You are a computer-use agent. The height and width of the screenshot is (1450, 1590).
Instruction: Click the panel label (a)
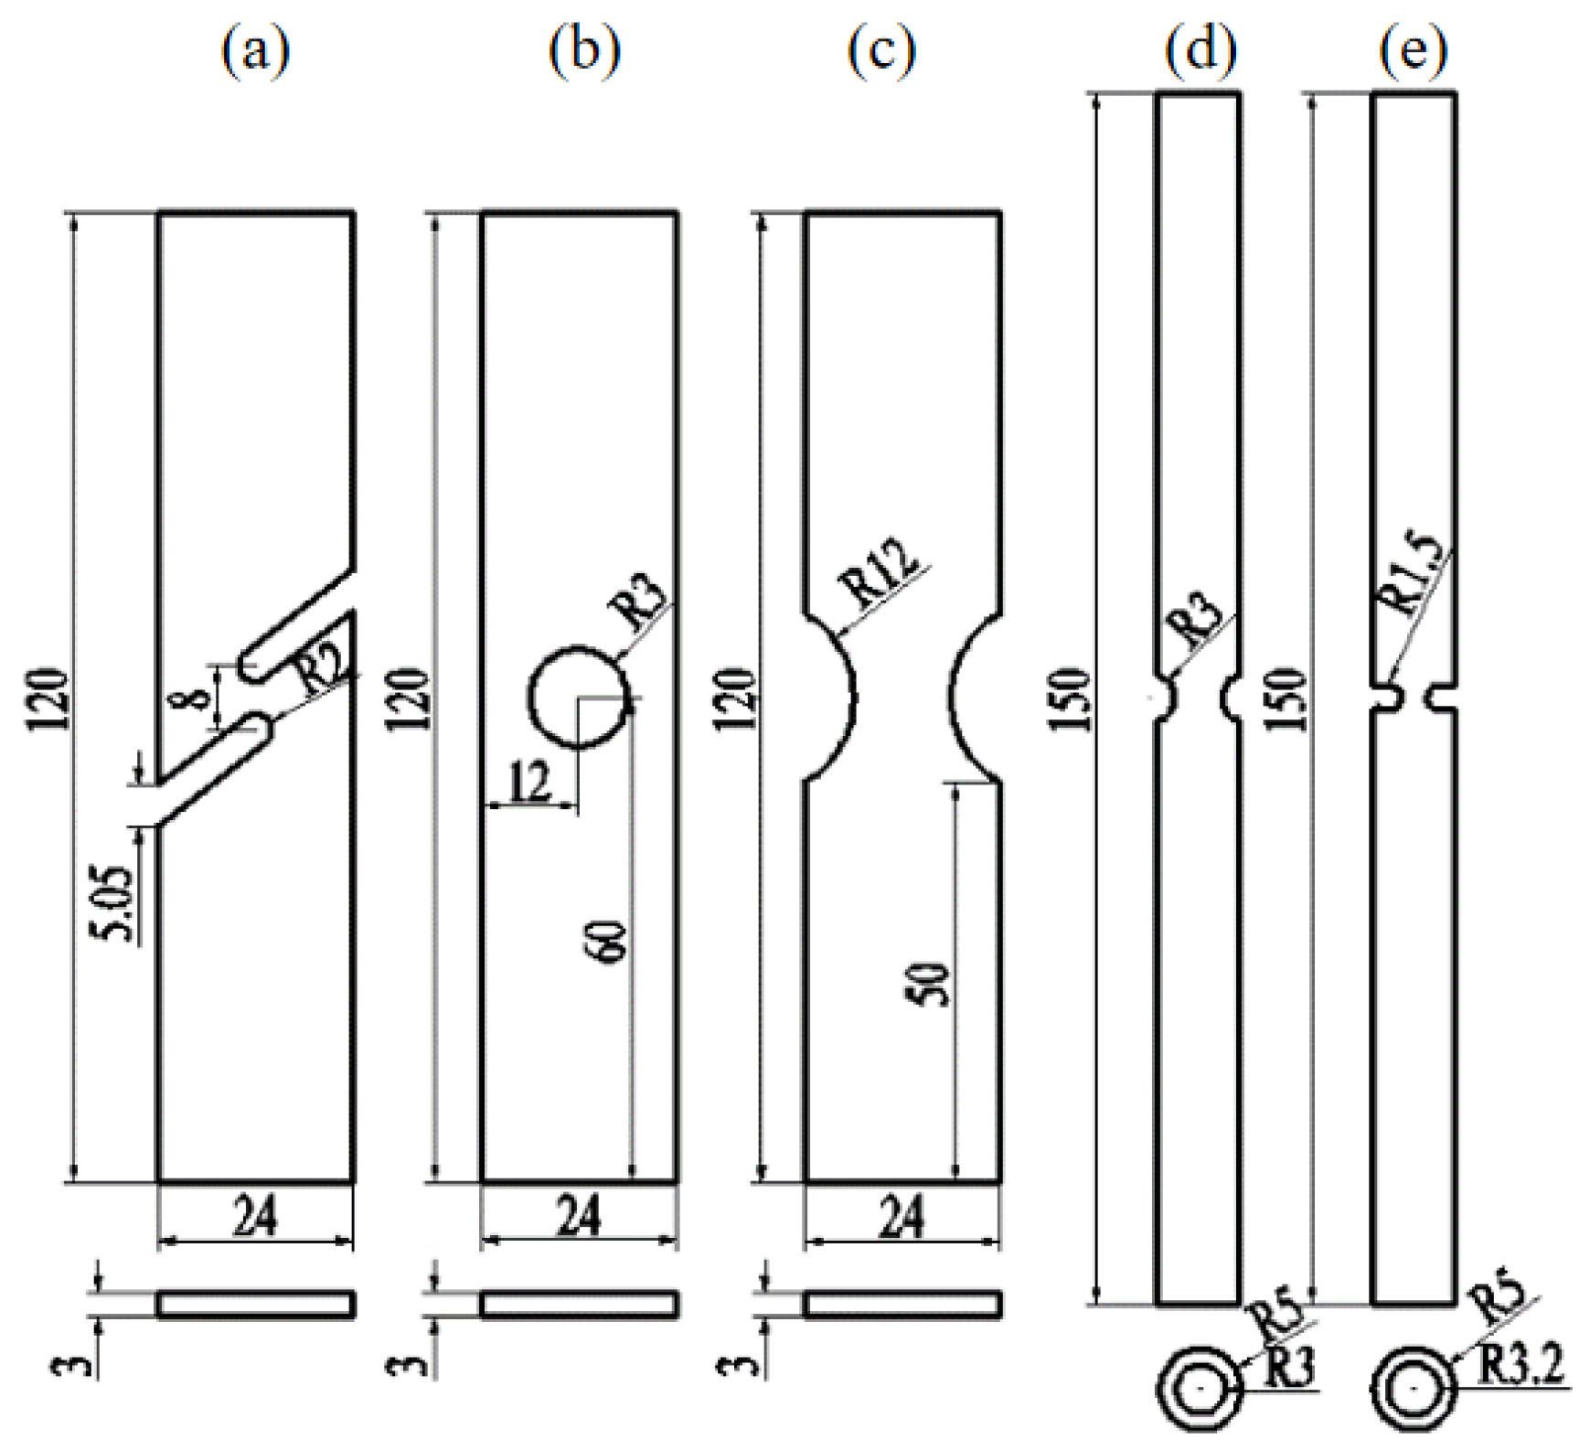255,51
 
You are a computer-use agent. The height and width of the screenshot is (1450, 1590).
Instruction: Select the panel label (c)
880,51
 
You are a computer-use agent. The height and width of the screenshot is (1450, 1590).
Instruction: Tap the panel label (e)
1414,51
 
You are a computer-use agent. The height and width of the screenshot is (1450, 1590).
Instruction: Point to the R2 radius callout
322,673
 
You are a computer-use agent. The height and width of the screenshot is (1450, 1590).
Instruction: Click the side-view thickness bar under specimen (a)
256,1305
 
